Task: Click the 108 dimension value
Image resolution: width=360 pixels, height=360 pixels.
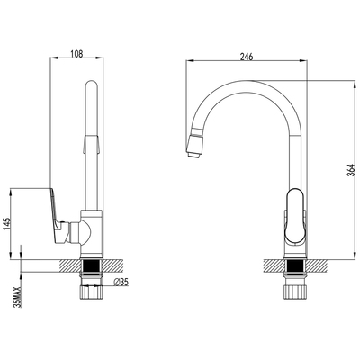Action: [x=76, y=54]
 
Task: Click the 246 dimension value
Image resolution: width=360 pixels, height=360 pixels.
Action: [x=247, y=57]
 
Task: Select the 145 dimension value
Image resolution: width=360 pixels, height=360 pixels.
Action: [x=8, y=224]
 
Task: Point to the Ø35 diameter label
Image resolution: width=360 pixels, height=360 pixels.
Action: [x=121, y=282]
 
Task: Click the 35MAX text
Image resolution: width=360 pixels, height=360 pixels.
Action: [x=18, y=297]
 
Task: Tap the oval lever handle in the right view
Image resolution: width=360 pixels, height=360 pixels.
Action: [x=295, y=216]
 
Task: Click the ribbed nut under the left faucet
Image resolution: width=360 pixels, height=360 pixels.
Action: [x=91, y=292]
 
